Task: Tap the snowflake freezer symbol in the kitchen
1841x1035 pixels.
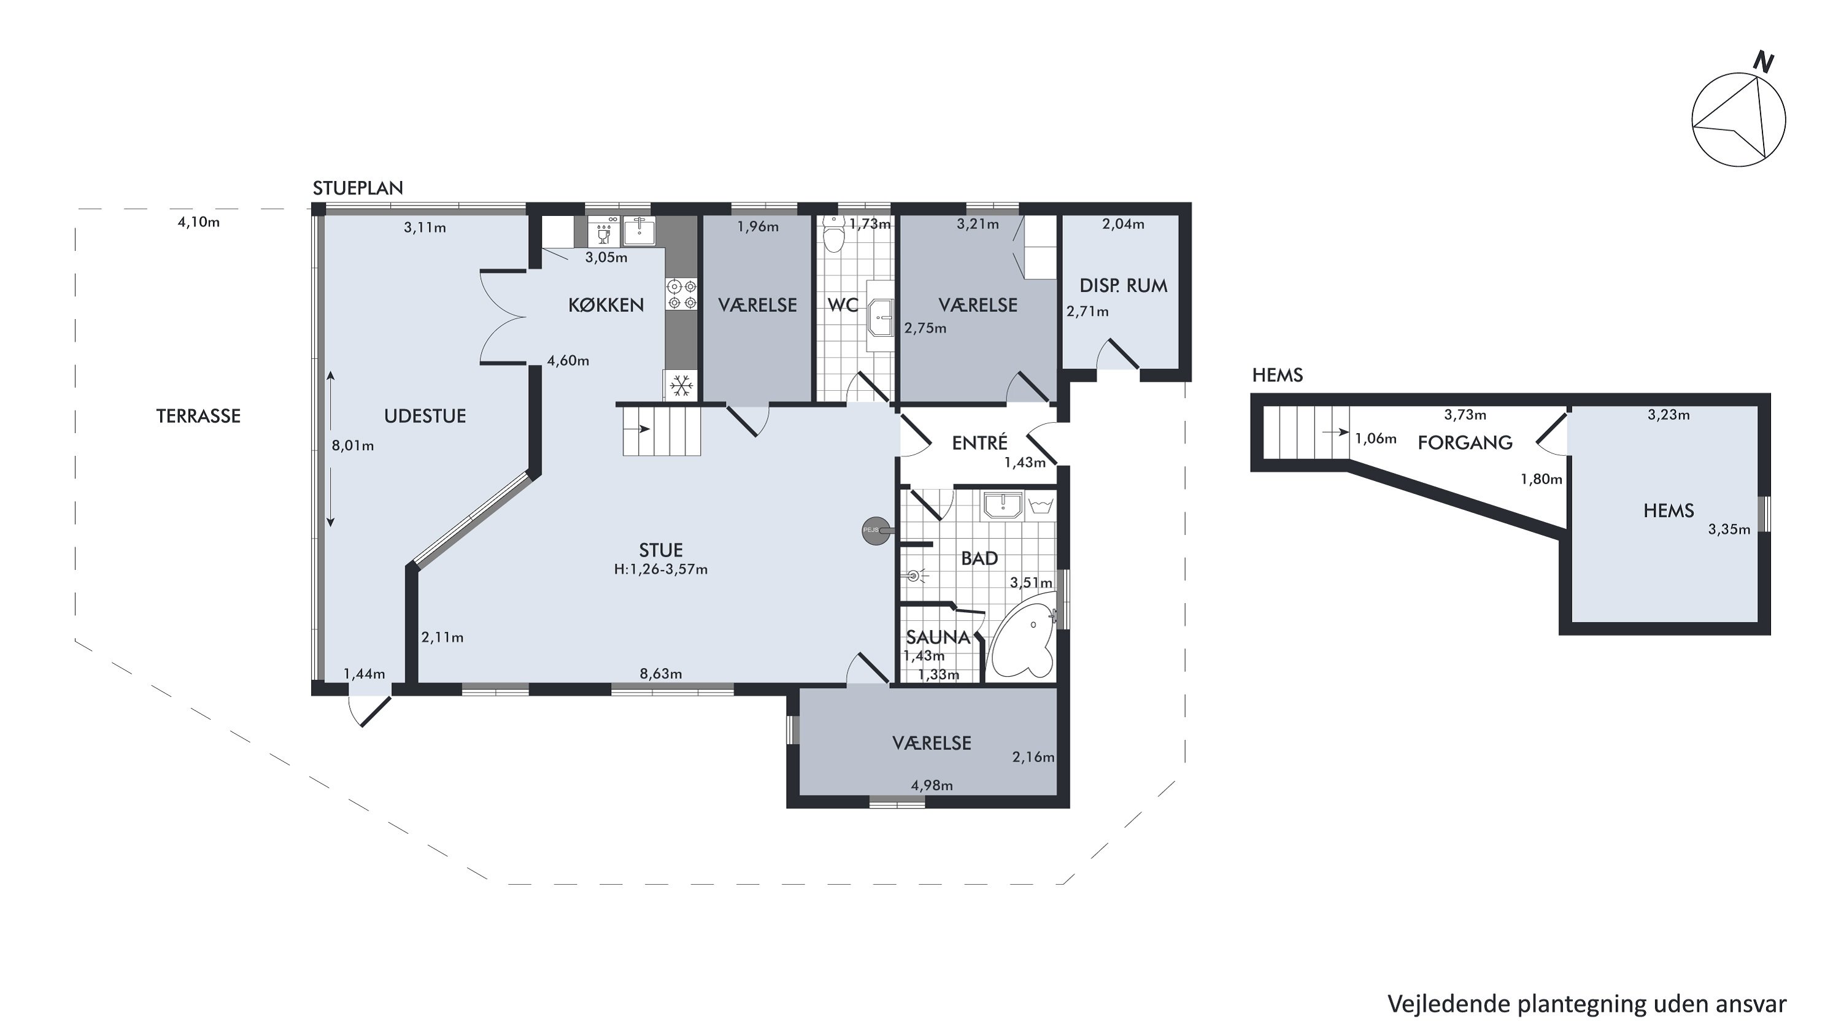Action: point(681,386)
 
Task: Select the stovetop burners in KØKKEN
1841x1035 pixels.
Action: point(681,294)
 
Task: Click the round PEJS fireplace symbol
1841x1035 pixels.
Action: point(877,531)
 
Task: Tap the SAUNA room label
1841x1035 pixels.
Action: point(938,637)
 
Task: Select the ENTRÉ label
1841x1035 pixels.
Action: point(980,442)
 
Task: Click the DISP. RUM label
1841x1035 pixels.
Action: point(1123,286)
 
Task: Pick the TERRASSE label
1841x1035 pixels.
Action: point(199,417)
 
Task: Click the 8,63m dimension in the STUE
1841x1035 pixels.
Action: point(660,674)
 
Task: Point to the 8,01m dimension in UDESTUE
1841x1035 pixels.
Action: point(352,445)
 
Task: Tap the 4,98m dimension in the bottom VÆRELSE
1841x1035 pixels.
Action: point(932,786)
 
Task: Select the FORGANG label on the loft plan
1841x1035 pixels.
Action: point(1465,443)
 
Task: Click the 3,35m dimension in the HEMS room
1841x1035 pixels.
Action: point(1729,529)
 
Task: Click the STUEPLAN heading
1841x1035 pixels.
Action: point(358,188)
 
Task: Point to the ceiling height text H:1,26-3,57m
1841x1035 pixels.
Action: point(661,569)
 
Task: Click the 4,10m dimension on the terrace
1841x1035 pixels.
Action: point(199,222)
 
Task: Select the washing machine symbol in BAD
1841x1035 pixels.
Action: point(1041,505)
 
